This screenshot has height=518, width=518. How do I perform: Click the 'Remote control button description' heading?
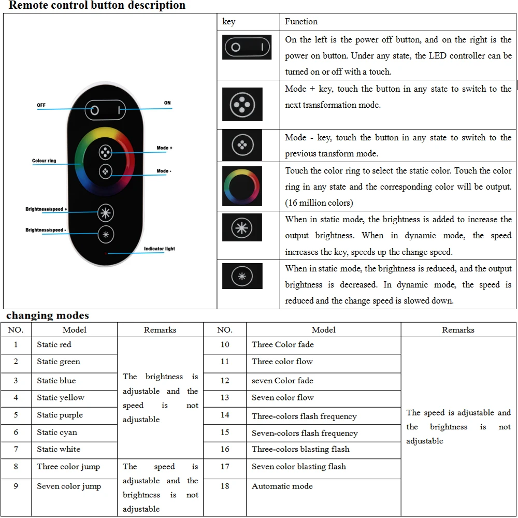tap(97, 6)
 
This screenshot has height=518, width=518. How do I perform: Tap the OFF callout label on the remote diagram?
tap(41, 105)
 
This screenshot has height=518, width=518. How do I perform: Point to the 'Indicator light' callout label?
tap(159, 249)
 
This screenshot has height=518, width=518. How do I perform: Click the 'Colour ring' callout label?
tap(44, 161)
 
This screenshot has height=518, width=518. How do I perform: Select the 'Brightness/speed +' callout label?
tap(47, 209)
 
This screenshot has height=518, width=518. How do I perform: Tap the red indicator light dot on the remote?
tap(106, 254)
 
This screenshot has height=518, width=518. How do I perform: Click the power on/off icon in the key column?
tap(247, 48)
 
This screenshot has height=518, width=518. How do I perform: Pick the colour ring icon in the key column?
tap(242, 186)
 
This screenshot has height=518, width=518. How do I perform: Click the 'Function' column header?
tap(301, 21)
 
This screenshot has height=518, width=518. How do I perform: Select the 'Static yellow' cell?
tap(61, 398)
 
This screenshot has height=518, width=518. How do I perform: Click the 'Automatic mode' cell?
tap(282, 486)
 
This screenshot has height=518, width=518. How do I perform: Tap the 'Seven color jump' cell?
tap(69, 486)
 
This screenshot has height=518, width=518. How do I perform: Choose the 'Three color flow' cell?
tap(282, 362)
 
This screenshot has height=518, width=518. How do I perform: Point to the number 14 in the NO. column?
tap(225, 415)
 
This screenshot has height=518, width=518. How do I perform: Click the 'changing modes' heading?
tap(48, 315)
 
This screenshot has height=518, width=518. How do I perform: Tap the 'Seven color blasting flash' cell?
tap(299, 467)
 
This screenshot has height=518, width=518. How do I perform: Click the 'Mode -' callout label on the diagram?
tap(164, 171)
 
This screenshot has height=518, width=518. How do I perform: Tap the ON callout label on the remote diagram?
tap(167, 103)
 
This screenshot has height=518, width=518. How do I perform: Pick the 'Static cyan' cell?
tap(57, 432)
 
